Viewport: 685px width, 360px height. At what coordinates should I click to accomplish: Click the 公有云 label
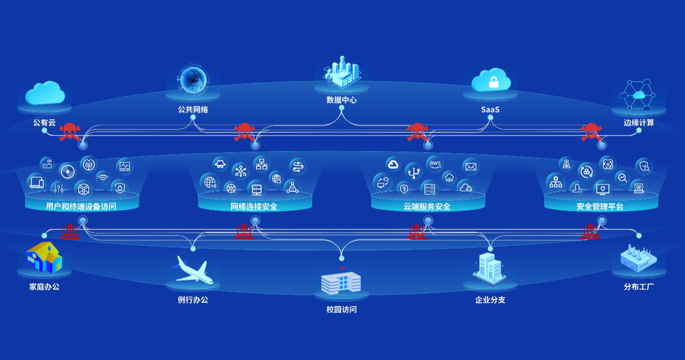[44, 122]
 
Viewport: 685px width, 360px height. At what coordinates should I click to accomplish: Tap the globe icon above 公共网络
[193, 78]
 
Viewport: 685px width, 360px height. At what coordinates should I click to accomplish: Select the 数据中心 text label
[342, 100]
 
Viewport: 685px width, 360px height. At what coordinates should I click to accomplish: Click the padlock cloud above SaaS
[491, 81]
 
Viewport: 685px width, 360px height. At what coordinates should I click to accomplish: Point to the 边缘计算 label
[639, 122]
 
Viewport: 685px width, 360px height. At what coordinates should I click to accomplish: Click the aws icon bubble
[435, 164]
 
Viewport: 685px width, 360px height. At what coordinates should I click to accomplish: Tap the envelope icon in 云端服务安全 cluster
[470, 167]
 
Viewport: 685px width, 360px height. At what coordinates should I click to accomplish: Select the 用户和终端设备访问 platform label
[81, 207]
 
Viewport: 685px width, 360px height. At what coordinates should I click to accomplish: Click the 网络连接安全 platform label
[254, 207]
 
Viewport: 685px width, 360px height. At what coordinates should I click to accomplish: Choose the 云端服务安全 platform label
[427, 207]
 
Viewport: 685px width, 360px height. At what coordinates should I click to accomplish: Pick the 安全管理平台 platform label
[600, 207]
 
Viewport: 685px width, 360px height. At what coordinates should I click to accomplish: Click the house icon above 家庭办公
[44, 257]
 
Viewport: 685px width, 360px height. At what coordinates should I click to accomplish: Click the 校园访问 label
[342, 310]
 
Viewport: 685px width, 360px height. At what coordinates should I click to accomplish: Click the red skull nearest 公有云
[70, 132]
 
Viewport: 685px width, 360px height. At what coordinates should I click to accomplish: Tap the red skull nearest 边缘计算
[591, 132]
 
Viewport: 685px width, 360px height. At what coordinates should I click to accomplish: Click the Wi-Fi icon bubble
[103, 177]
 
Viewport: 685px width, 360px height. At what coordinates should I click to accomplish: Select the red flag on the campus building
[343, 268]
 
